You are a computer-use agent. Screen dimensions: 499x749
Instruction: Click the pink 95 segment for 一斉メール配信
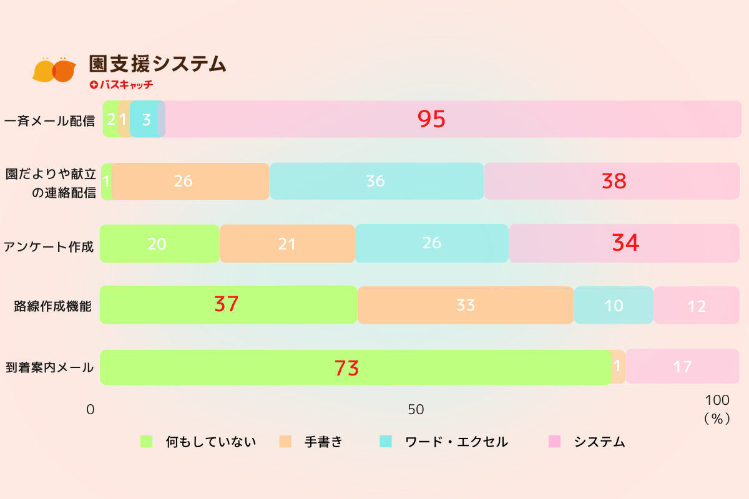tap(453, 119)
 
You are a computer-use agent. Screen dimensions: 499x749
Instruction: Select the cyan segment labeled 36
tap(376, 182)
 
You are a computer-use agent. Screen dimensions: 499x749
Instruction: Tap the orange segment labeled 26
tap(190, 182)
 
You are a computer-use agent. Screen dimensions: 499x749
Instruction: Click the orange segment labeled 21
tap(287, 243)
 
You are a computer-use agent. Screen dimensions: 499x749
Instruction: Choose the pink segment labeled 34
tap(624, 243)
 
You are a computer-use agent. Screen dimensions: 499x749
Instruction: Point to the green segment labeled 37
tap(228, 305)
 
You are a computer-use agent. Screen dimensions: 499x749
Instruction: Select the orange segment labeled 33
tap(466, 305)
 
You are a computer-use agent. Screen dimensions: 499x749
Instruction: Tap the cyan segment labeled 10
tap(614, 305)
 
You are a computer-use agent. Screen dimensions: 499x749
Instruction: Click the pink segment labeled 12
tap(696, 306)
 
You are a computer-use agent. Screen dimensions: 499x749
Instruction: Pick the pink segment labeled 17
tap(682, 367)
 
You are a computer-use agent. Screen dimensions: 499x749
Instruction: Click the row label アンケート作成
tap(49, 246)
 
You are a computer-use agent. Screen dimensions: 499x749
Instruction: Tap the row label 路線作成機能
tap(53, 306)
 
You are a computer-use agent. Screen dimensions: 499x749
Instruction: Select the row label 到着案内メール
tap(49, 368)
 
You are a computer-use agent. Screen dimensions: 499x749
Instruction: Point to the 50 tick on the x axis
tap(416, 410)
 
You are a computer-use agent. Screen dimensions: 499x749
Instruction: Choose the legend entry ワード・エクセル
tap(456, 442)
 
